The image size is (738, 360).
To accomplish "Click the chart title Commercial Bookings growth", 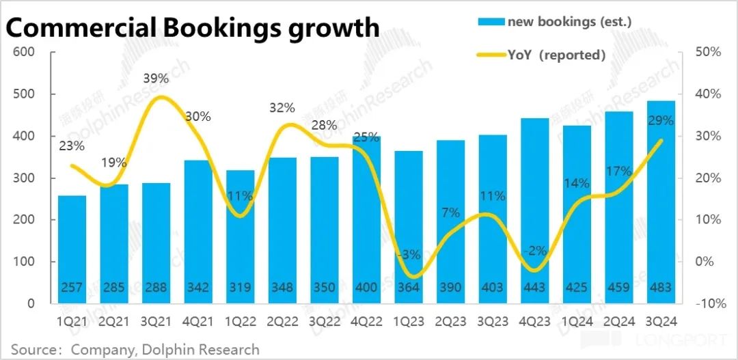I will [x=193, y=27].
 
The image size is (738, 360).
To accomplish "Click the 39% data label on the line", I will [x=156, y=79].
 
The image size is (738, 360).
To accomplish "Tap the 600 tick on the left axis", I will [x=25, y=52].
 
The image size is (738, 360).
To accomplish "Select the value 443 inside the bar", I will [x=534, y=288].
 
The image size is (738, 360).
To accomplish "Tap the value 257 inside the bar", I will [x=72, y=288].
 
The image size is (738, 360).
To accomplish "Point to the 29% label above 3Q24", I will [x=660, y=121].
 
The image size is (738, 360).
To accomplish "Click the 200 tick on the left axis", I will [x=25, y=220].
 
